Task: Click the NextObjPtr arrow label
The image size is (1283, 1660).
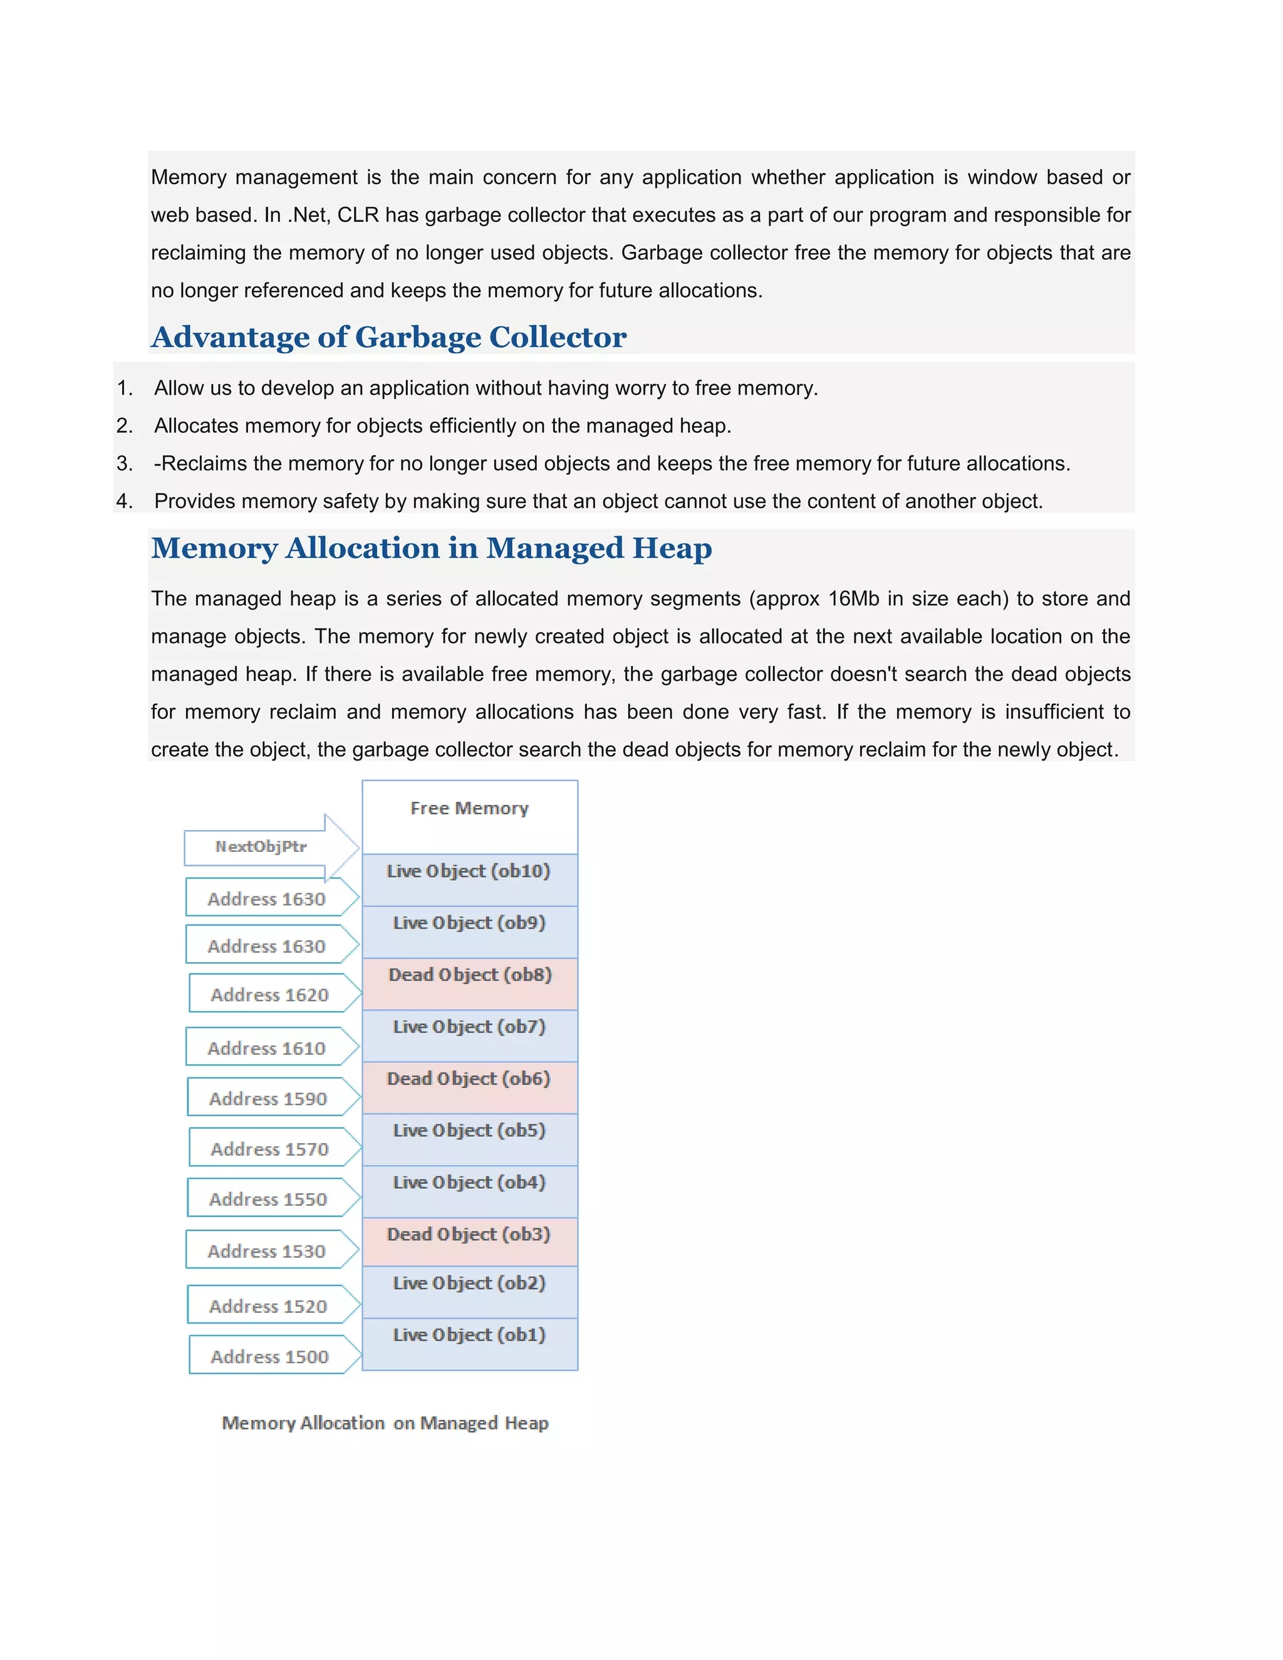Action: click(261, 847)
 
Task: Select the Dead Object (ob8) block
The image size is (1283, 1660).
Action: click(469, 983)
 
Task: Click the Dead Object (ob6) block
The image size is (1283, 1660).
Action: click(469, 1087)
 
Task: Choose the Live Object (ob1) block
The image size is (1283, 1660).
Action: click(469, 1344)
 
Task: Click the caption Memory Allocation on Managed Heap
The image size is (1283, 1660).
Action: click(385, 1423)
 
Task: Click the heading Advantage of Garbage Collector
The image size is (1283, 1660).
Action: click(388, 338)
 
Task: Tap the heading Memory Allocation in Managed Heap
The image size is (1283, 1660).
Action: click(431, 548)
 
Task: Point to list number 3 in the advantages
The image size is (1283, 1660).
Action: click(124, 464)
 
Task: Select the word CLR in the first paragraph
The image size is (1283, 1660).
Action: click(357, 215)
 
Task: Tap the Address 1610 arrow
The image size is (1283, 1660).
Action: click(267, 1048)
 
